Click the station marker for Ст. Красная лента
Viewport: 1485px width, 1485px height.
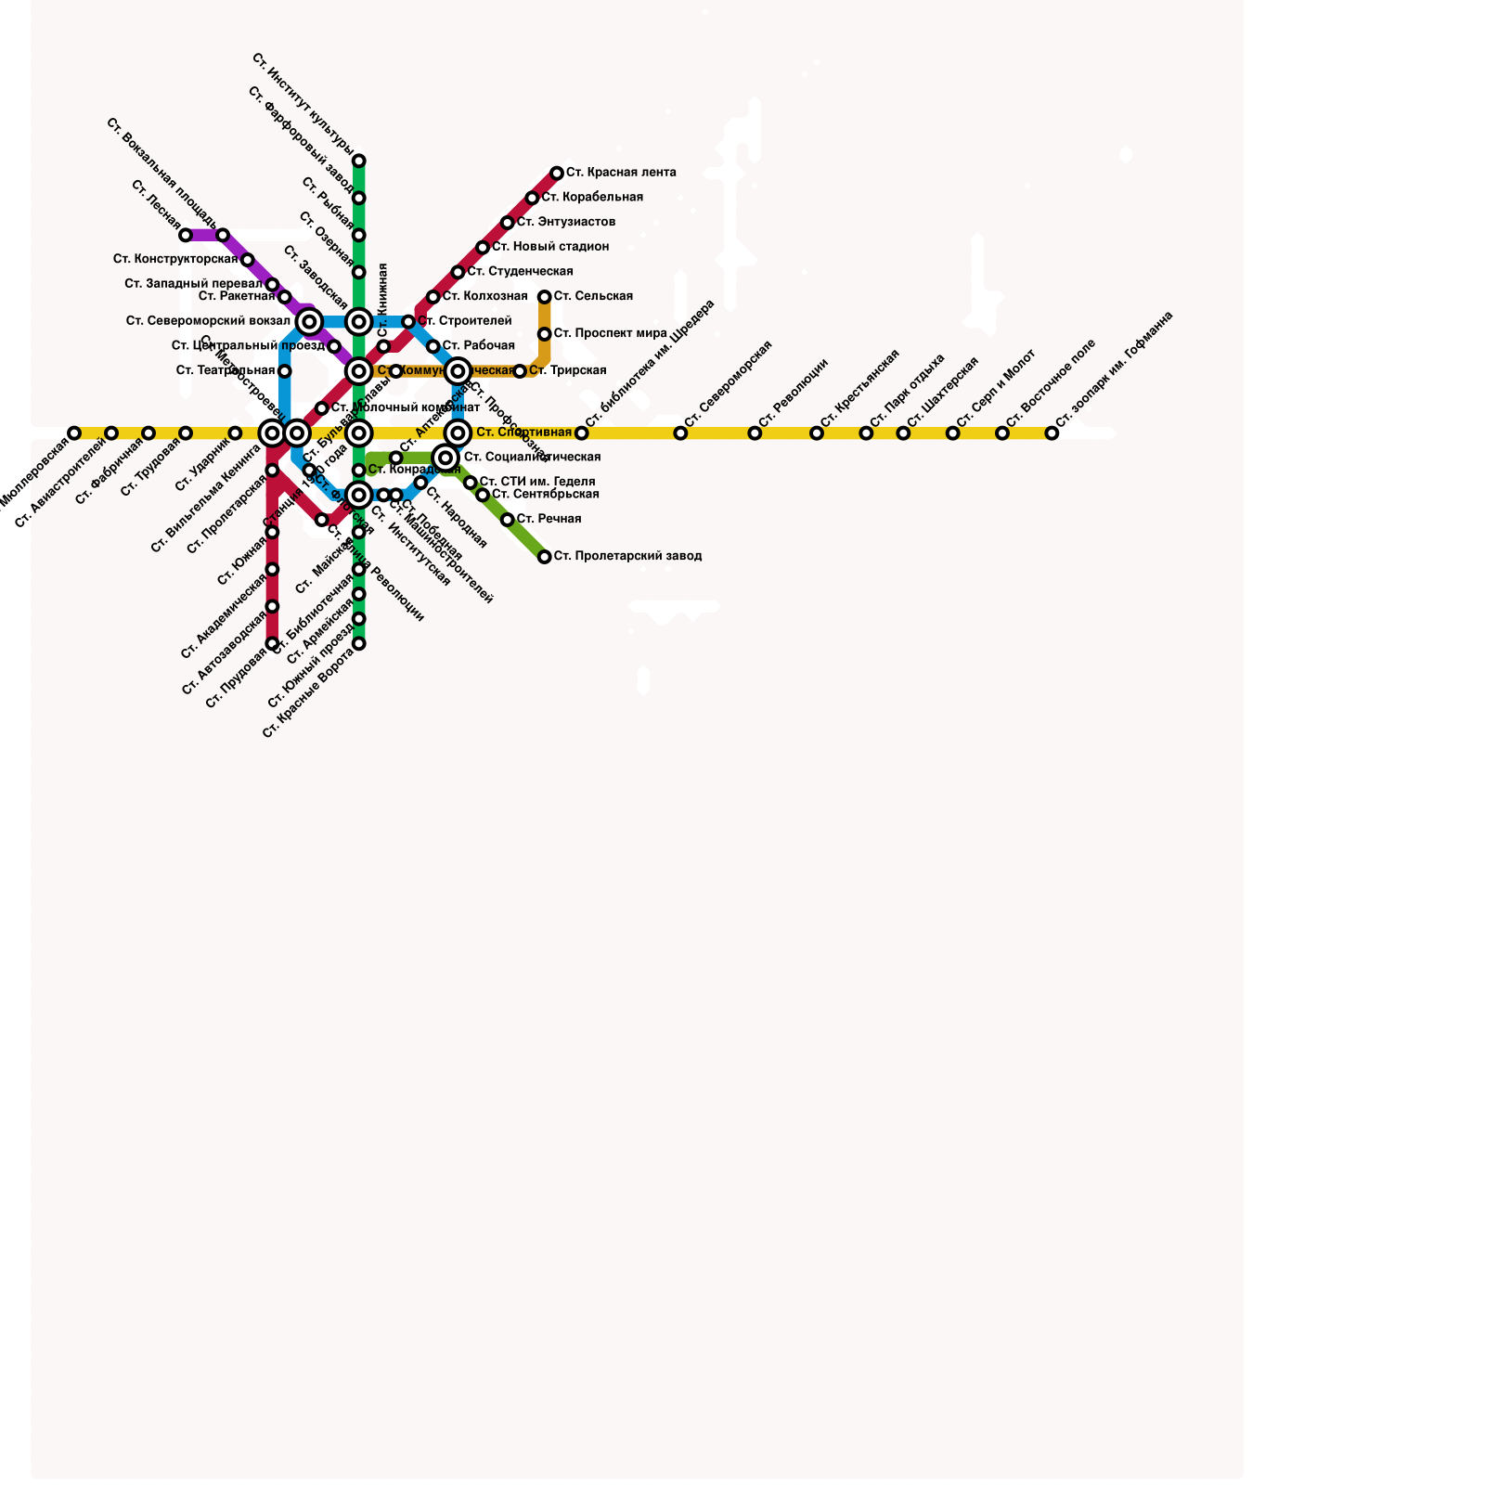tap(557, 174)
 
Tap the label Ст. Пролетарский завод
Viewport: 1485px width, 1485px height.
tap(627, 557)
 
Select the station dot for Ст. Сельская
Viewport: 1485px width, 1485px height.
tap(545, 297)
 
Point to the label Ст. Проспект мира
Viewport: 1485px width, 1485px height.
tap(611, 334)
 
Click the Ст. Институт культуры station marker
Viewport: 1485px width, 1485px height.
tap(359, 161)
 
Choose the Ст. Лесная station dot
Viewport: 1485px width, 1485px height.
tap(186, 236)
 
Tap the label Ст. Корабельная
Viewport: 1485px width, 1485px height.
tap(592, 198)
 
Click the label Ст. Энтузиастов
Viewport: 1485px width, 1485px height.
tap(566, 223)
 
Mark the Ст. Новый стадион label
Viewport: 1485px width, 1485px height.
tap(550, 248)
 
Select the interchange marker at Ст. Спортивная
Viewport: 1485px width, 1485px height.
tap(458, 433)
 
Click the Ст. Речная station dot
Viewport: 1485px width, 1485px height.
tap(508, 520)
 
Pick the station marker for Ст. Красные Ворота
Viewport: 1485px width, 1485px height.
tap(359, 644)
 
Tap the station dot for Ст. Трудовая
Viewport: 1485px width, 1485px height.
tap(186, 433)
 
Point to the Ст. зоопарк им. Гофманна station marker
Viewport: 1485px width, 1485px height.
tap(1052, 433)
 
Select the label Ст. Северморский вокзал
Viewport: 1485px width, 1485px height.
tap(209, 322)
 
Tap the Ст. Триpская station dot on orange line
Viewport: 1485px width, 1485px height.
tap(520, 371)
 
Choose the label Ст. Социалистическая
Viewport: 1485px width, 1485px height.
tap(532, 458)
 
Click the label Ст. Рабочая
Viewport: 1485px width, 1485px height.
tap(478, 346)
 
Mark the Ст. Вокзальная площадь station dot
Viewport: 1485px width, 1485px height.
tap(223, 236)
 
